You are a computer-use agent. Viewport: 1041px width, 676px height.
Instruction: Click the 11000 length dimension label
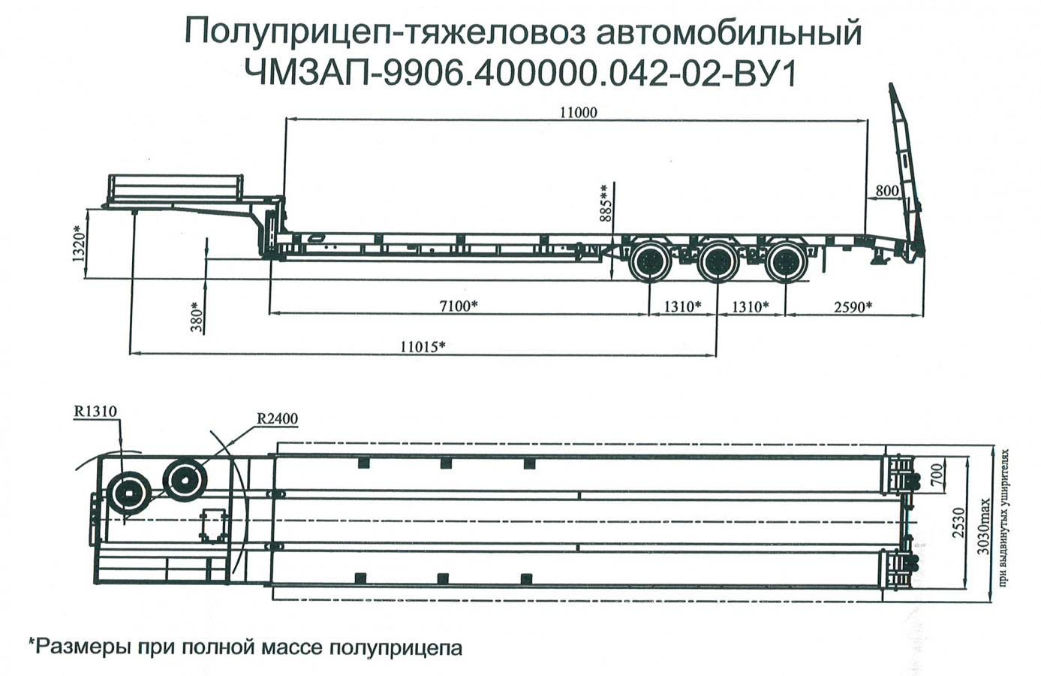click(578, 113)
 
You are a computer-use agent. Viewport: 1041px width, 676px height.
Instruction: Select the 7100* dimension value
click(459, 306)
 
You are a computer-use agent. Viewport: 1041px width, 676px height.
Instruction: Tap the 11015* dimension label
click(423, 346)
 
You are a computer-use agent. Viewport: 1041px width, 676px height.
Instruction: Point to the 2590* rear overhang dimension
click(853, 306)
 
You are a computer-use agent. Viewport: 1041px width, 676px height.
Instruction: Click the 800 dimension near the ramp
click(887, 191)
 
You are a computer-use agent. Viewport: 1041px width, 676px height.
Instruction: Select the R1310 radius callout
click(95, 411)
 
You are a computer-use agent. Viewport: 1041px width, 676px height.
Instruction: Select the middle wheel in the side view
click(717, 263)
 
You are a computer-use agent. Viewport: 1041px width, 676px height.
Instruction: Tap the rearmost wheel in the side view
click(786, 263)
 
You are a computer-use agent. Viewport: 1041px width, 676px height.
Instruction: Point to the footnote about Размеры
click(245, 647)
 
